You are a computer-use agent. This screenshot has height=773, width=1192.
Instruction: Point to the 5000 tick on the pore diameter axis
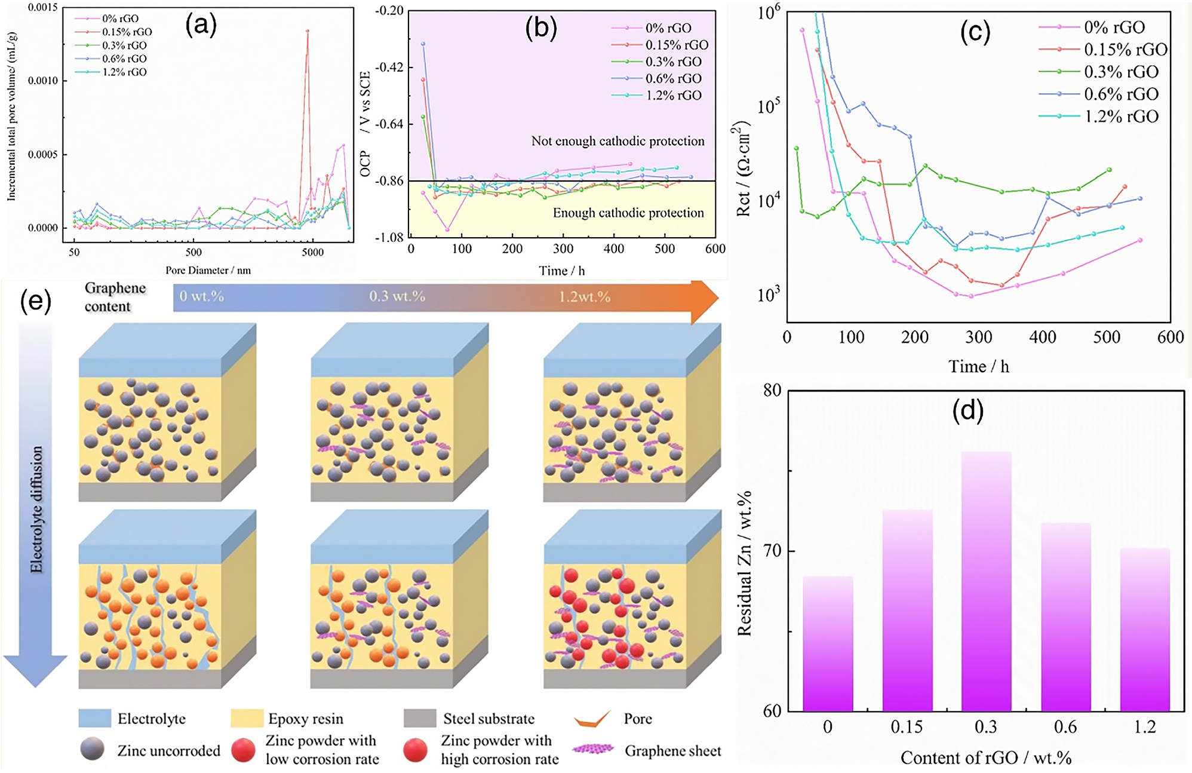pyautogui.click(x=312, y=252)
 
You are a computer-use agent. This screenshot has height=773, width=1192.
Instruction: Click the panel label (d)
pyautogui.click(x=967, y=411)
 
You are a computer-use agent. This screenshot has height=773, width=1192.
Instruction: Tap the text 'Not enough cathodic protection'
pyautogui.click(x=617, y=142)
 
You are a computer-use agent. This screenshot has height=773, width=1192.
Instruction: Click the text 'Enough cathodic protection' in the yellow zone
pyautogui.click(x=628, y=213)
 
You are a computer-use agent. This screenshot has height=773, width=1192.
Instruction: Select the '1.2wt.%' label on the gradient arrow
pyautogui.click(x=584, y=297)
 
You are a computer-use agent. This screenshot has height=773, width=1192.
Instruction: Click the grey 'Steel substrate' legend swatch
pyautogui.click(x=419, y=719)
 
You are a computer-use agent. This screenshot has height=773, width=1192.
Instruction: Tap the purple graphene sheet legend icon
pyautogui.click(x=592, y=749)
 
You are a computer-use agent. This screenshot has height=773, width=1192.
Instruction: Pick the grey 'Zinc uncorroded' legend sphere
pyautogui.click(x=92, y=749)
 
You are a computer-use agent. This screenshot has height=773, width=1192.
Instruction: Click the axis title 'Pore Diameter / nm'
pyautogui.click(x=208, y=271)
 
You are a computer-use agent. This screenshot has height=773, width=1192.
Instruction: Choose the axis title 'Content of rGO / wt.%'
pyautogui.click(x=985, y=758)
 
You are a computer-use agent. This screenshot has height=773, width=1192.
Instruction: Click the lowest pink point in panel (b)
pyautogui.click(x=447, y=229)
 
